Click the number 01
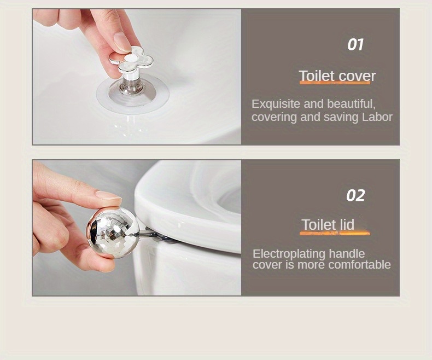tap(355, 45)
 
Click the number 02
tap(355, 195)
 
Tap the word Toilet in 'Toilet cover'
tap(316, 76)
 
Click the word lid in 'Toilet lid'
tap(345, 225)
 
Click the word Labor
tap(377, 117)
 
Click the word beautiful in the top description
tap(351, 104)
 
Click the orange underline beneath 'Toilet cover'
tap(335, 83)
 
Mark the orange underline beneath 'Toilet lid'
tap(335, 233)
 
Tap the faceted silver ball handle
tap(113, 232)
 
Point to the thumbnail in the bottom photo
tap(107, 195)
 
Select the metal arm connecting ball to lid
tap(150, 235)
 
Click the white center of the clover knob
tap(131, 57)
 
